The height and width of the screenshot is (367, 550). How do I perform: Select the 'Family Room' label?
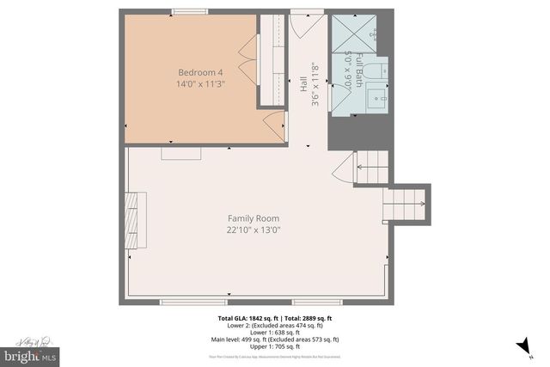coord(254,218)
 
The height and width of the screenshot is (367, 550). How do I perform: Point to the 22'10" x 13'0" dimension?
coord(254,230)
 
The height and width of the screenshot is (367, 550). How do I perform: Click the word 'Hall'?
coord(302,84)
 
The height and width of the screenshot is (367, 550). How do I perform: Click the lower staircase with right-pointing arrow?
coord(404,205)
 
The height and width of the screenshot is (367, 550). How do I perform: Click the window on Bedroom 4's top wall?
coord(190,11)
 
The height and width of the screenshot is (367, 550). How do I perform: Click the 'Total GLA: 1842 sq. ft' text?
coord(245,319)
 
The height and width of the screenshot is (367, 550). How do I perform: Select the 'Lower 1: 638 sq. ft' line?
coord(275,333)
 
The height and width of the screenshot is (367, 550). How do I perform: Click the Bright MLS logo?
coord(31,353)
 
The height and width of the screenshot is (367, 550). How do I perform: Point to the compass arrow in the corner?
coord(521,345)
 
